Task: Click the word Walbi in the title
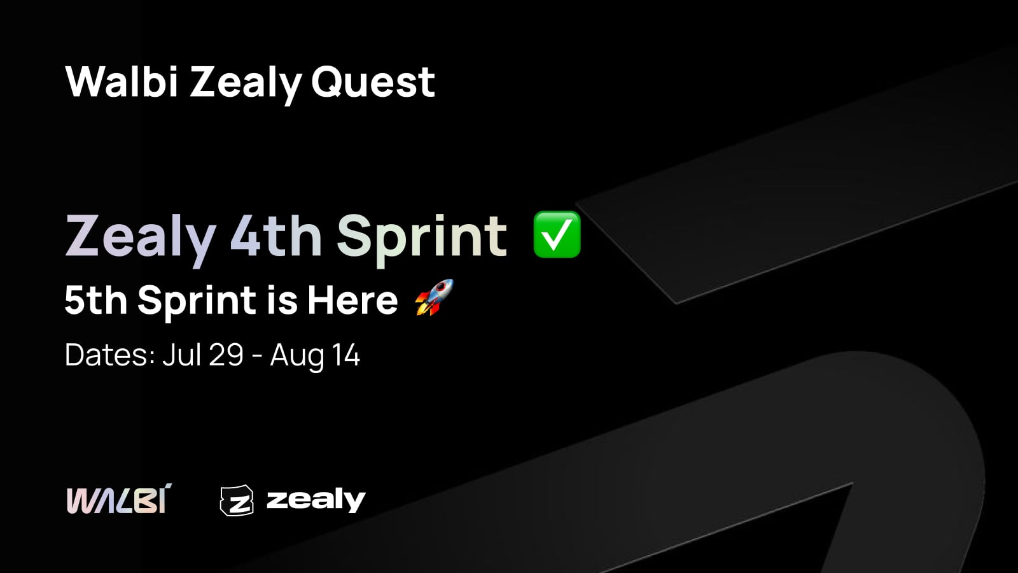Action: [x=122, y=82]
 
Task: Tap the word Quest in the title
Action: [x=373, y=82]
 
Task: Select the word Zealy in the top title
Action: [x=246, y=85]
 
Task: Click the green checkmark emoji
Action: [x=557, y=235]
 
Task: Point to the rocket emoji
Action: [x=435, y=297]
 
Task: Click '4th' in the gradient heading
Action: [x=276, y=236]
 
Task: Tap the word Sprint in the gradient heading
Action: [x=422, y=239]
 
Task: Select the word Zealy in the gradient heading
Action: [x=141, y=239]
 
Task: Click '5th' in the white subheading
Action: [x=96, y=300]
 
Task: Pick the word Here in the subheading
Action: [x=352, y=300]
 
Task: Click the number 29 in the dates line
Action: [x=226, y=355]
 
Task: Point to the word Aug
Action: [x=296, y=357]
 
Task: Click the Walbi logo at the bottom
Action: [x=120, y=499]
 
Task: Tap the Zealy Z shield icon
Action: [x=237, y=500]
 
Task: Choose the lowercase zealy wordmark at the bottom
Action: [x=316, y=500]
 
